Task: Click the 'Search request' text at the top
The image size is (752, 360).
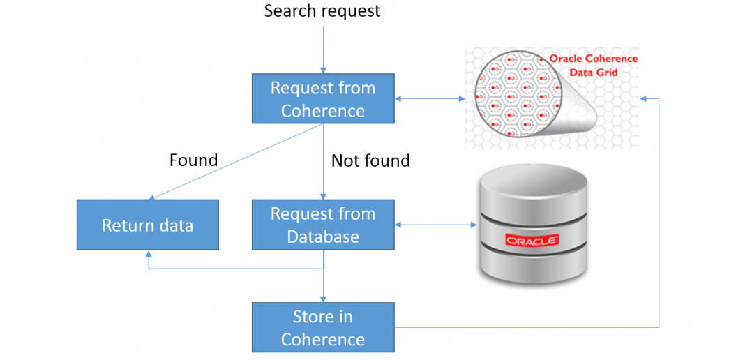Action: point(322,11)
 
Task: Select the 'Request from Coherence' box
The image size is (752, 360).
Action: point(322,99)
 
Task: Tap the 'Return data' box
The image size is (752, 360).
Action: point(147,225)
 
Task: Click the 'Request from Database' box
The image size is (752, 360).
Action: point(322,225)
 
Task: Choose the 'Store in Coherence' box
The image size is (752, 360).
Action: point(322,327)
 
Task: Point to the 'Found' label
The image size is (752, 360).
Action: point(193,160)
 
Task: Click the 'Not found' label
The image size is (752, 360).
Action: point(370,161)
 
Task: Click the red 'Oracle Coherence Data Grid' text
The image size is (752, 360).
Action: point(593,66)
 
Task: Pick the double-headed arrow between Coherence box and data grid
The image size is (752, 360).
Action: point(430,99)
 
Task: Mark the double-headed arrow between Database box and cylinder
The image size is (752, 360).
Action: point(435,225)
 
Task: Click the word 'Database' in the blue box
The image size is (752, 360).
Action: point(322,237)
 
